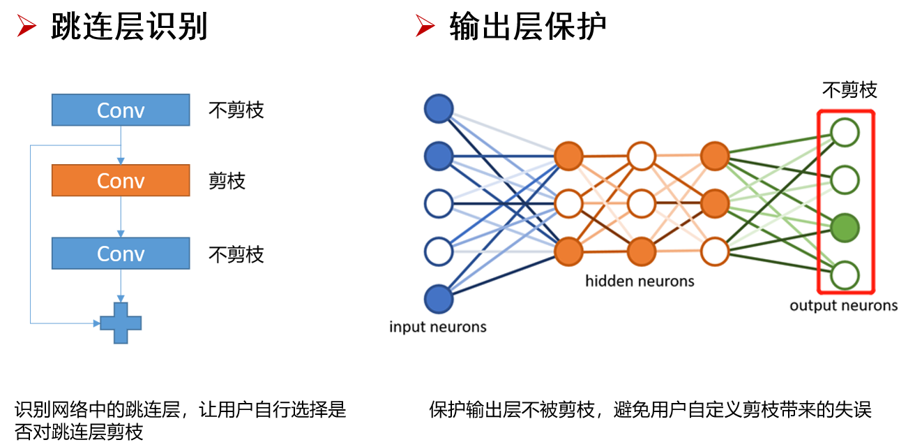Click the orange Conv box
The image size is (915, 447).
pyautogui.click(x=121, y=180)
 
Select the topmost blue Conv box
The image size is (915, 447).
pyautogui.click(x=121, y=110)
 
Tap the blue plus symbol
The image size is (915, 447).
pyautogui.click(x=121, y=323)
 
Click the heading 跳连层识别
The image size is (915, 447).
pyautogui.click(x=130, y=27)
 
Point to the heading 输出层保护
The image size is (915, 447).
pyautogui.click(x=528, y=27)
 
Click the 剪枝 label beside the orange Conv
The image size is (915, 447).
pyautogui.click(x=227, y=182)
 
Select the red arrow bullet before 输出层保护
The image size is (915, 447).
pyautogui.click(x=425, y=27)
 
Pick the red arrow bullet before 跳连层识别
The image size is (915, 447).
pyautogui.click(x=27, y=27)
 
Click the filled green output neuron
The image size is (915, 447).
pyautogui.click(x=845, y=228)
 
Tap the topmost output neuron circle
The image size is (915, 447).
pyautogui.click(x=845, y=133)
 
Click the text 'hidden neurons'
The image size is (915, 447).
pyautogui.click(x=640, y=281)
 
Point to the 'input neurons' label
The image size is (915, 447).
pyautogui.click(x=437, y=327)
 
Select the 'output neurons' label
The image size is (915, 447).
pyautogui.click(x=843, y=305)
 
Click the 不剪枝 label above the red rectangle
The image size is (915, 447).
pyautogui.click(x=849, y=90)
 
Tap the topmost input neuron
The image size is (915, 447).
pyautogui.click(x=439, y=109)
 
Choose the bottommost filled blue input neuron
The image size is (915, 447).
pyautogui.click(x=439, y=299)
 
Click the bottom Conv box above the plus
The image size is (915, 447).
pyautogui.click(x=121, y=253)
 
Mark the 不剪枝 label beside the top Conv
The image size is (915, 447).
pyautogui.click(x=236, y=110)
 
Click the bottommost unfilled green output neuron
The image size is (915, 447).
pyautogui.click(x=845, y=274)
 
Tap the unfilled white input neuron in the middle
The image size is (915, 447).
pyautogui.click(x=439, y=204)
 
